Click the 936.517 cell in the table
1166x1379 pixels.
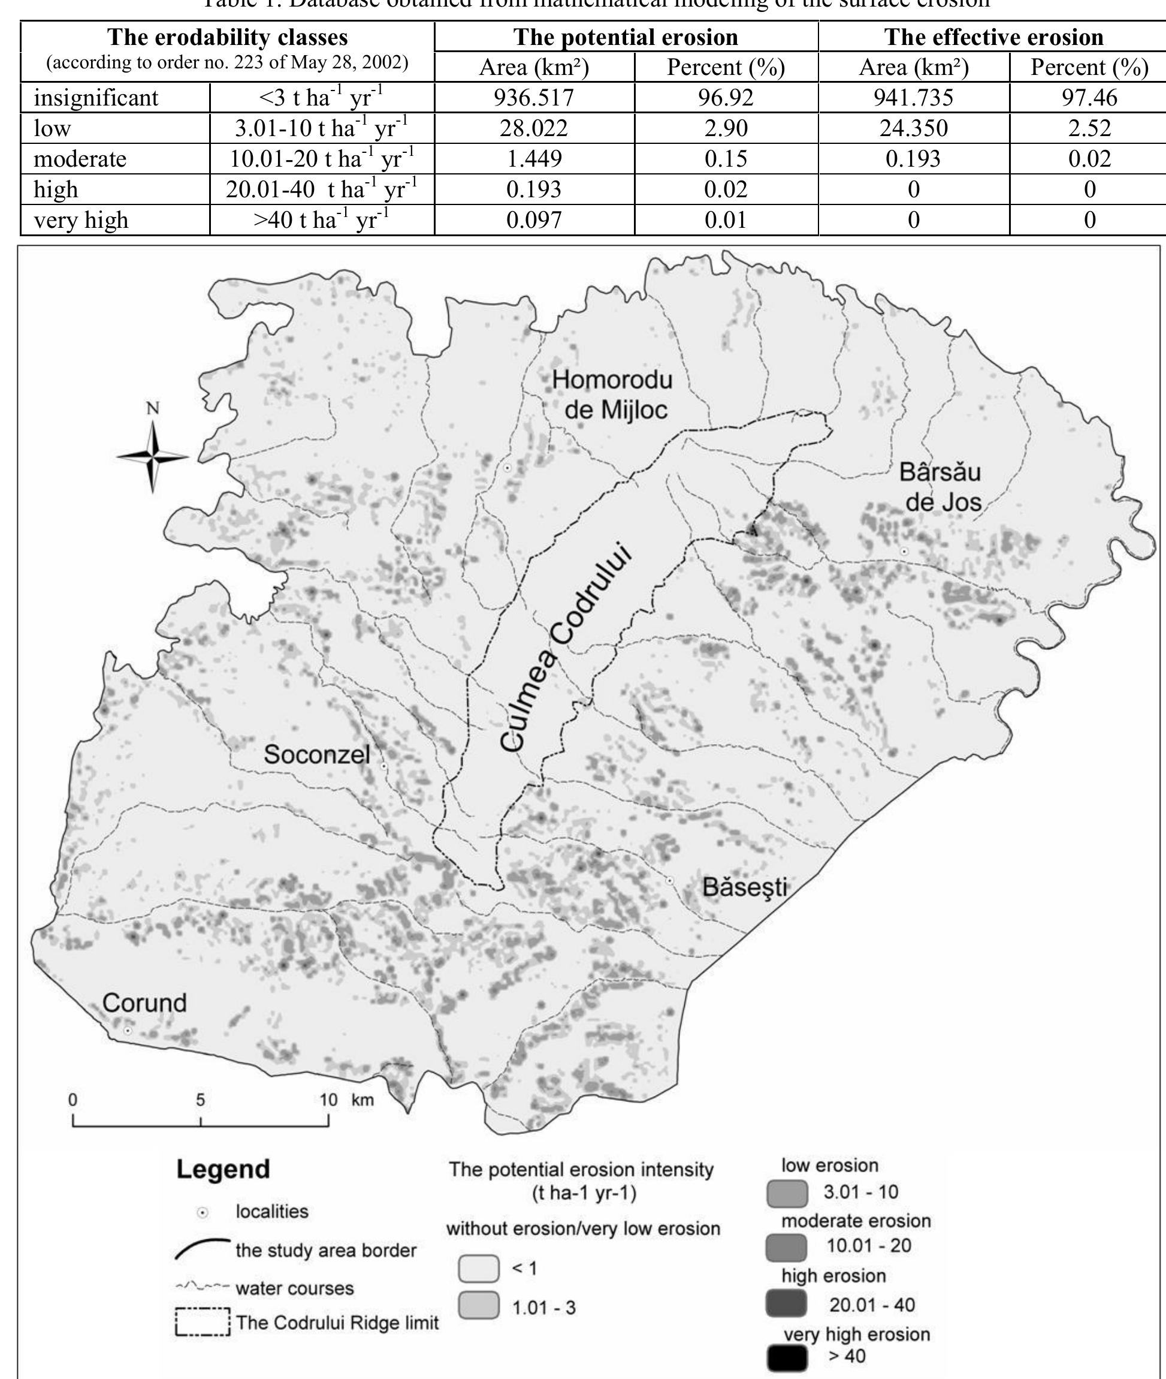click(x=534, y=98)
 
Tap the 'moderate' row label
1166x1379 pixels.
click(x=80, y=159)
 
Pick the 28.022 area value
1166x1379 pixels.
click(x=534, y=128)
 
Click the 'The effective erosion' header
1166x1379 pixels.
click(x=993, y=37)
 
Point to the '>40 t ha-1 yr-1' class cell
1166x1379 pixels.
click(x=322, y=219)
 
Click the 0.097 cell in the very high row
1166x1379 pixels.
click(x=534, y=219)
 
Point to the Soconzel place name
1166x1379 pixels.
click(x=316, y=754)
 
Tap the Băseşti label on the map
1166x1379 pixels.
click(x=745, y=887)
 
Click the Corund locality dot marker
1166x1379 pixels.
click(x=128, y=1031)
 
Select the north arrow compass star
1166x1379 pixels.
click(x=153, y=456)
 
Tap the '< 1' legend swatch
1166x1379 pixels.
click(x=478, y=1268)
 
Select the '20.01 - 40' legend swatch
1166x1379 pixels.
click(x=787, y=1304)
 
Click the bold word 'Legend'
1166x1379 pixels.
click(x=223, y=1169)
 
